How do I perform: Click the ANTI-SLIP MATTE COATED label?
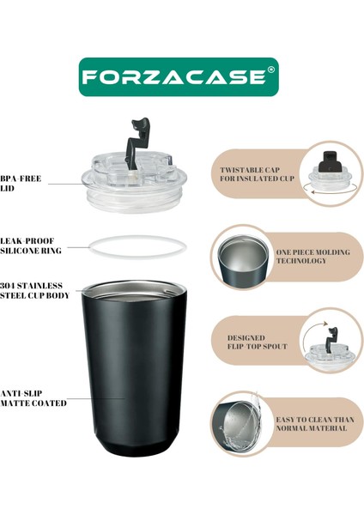pyautogui.click(x=33, y=397)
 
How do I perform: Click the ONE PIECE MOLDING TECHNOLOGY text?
pyautogui.click(x=312, y=256)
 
